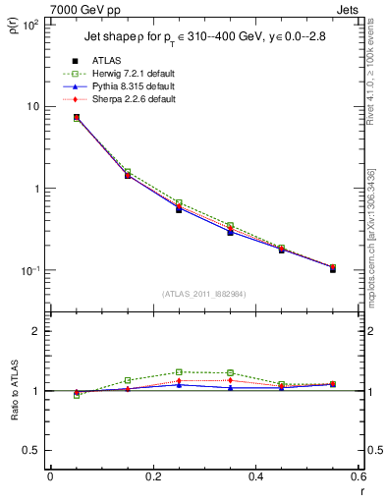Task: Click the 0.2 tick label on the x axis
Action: pyautogui.click(x=152, y=475)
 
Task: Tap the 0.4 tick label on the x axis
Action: pyautogui.click(x=255, y=475)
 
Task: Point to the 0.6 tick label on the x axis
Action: pyautogui.click(x=358, y=475)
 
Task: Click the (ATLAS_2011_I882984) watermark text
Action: pyautogui.click(x=203, y=294)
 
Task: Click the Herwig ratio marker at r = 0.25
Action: pyautogui.click(x=179, y=372)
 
